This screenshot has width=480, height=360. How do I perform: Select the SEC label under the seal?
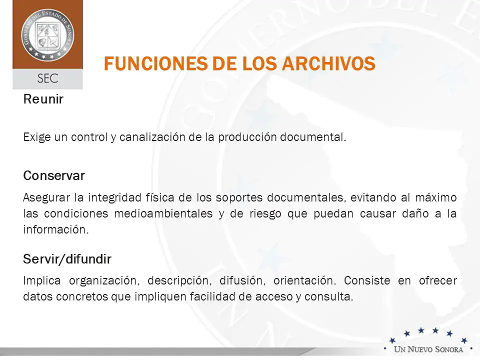pos(47,78)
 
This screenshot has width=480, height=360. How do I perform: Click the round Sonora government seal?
pos(47,34)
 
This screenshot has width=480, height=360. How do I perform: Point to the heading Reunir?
pos(43,99)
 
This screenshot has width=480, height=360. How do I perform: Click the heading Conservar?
pos(54,175)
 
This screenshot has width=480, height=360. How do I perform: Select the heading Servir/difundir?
pos(67,259)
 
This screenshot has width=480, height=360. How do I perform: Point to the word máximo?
pos(436,197)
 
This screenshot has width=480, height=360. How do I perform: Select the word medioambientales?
pos(163,213)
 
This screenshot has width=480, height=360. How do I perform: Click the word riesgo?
pos(265,213)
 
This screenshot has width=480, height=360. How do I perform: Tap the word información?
pos(56,229)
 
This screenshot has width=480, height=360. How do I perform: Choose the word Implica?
pos(42,280)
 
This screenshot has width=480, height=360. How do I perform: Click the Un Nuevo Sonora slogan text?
pos(428,349)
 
